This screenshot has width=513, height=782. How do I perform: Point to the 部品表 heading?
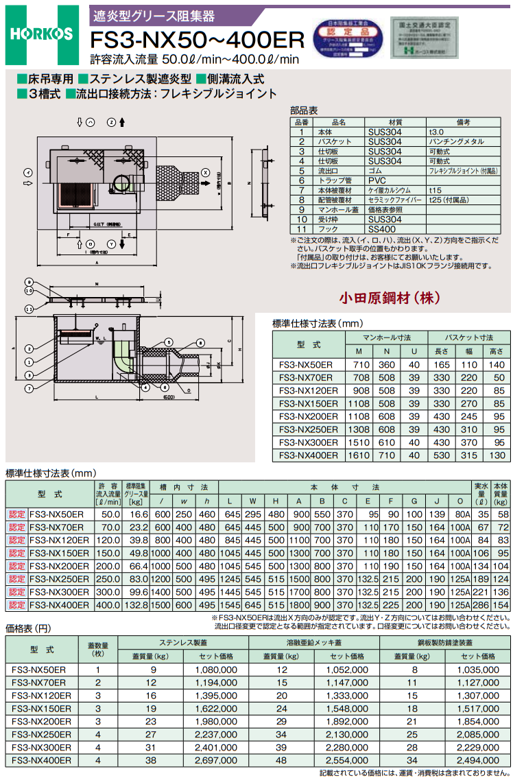point(304,110)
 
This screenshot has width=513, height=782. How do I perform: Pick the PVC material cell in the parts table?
point(377,180)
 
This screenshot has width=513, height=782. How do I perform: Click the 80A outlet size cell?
point(463,514)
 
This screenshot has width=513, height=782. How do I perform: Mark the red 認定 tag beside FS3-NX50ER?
point(16,514)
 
